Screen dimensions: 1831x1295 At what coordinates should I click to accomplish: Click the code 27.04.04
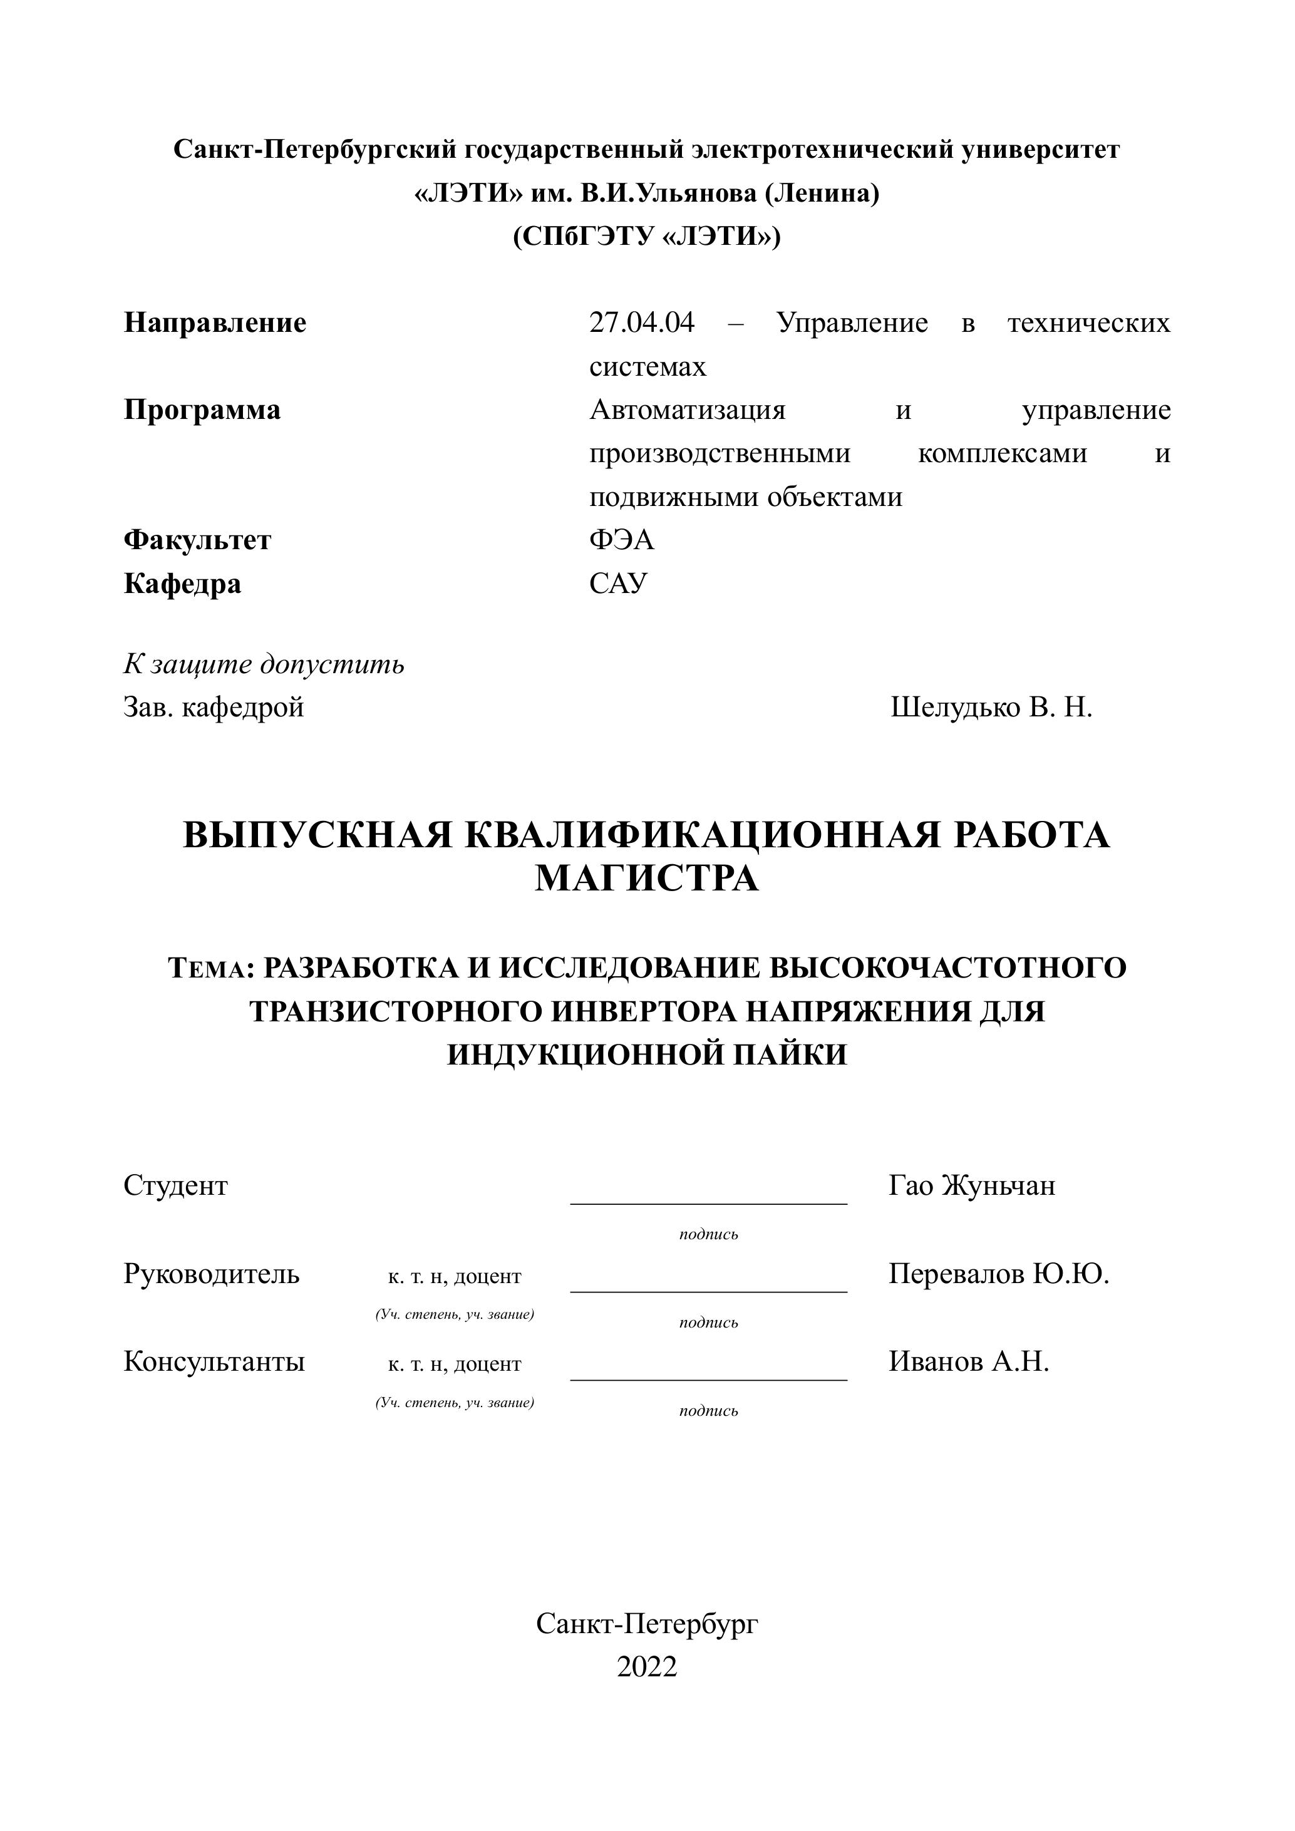[641, 323]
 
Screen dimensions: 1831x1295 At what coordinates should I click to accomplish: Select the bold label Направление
[215, 323]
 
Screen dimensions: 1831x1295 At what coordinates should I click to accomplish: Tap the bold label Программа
[202, 410]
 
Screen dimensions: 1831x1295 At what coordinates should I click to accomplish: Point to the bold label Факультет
[197, 540]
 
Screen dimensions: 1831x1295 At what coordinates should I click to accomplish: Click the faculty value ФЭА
[621, 540]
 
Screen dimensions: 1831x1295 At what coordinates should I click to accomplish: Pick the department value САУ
[618, 584]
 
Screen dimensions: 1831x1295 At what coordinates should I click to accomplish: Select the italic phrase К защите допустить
[263, 664]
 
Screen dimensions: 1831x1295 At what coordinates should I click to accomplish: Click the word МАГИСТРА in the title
[647, 879]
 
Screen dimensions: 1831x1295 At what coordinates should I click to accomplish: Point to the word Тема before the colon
[209, 969]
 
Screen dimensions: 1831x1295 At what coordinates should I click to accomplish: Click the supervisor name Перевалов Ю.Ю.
[998, 1274]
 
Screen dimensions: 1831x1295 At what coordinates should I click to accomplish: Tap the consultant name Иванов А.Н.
[968, 1361]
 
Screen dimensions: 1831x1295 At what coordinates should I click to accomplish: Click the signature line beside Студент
[708, 1204]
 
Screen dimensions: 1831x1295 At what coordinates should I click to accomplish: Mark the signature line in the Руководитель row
[708, 1291]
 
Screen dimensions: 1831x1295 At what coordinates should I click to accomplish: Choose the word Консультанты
[214, 1361]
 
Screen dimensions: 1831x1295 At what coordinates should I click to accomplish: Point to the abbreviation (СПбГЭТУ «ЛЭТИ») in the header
[647, 237]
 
